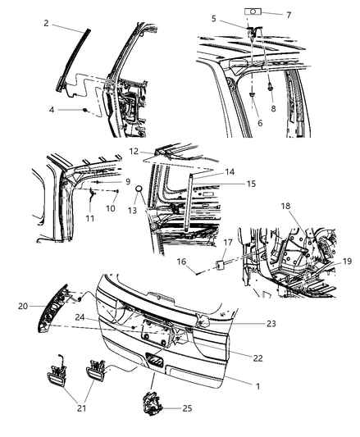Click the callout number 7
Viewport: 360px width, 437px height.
coord(289,15)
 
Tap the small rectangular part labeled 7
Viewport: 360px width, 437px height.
coord(253,11)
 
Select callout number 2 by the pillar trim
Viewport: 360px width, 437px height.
coord(46,23)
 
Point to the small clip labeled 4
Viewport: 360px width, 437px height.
coord(85,110)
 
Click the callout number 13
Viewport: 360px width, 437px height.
coord(132,210)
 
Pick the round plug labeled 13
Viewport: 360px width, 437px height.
coord(139,189)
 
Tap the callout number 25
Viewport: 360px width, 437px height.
coord(188,408)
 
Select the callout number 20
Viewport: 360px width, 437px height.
coord(23,306)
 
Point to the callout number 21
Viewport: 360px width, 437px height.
coord(81,408)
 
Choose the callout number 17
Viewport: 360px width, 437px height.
coord(228,242)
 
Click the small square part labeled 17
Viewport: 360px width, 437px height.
coord(220,265)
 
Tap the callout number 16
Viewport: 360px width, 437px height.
coord(181,262)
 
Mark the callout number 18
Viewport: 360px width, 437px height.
coord(285,206)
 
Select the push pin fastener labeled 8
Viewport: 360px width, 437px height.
coord(271,88)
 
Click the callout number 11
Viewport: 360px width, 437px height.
coord(89,218)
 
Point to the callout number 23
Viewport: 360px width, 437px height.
coord(271,323)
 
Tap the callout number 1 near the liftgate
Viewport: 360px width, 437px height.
coord(258,386)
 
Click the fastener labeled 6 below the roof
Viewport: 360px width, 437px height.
coord(253,95)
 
